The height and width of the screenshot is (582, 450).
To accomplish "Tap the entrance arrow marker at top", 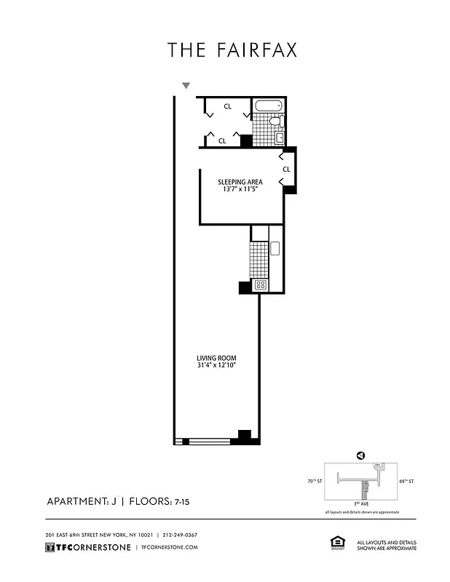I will (186, 86).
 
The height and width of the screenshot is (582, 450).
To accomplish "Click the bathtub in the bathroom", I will (268, 105).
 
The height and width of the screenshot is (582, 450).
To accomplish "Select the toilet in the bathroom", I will (280, 120).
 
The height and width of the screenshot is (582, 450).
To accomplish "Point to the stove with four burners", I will (260, 285).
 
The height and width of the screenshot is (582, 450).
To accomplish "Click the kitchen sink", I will (275, 248).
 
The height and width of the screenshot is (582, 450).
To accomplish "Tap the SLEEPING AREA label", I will (240, 182).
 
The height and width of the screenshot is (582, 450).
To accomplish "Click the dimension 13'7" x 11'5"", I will (240, 190).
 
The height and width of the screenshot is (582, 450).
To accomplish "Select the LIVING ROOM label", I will (216, 358).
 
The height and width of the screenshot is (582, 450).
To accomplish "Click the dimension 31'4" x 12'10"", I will (216, 366).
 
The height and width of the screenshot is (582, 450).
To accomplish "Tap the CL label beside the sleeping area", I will (286, 170).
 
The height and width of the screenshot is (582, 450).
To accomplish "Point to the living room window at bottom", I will (209, 440).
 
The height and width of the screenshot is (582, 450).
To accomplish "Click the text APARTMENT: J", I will (82, 502).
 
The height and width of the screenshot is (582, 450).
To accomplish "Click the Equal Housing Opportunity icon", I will (337, 543).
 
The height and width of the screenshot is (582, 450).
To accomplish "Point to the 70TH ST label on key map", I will (315, 481).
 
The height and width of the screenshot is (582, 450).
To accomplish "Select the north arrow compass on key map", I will (360, 455).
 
